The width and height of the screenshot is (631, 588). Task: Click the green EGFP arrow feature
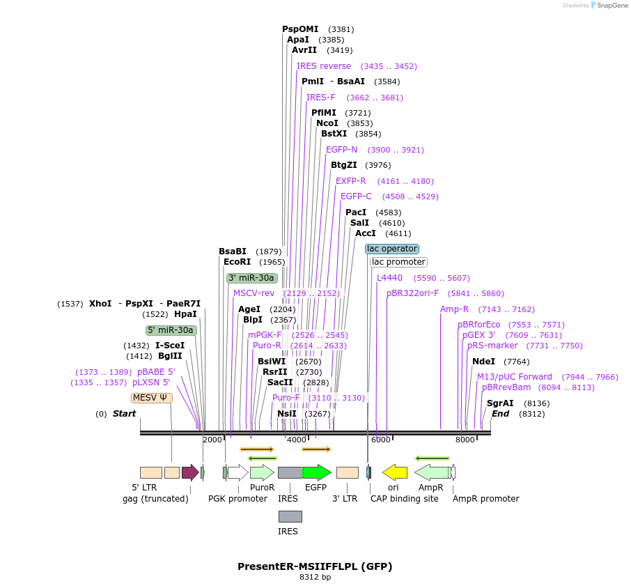316,472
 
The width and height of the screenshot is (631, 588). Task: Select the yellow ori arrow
395,472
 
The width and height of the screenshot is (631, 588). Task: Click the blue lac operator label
392,249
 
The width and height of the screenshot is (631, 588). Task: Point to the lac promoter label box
398,262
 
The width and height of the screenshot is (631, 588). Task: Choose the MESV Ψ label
151,398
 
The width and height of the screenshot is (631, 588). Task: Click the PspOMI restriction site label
300,29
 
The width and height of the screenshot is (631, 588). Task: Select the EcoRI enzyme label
237,262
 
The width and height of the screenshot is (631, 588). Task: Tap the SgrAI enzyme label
500,403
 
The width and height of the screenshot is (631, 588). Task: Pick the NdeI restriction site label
483,361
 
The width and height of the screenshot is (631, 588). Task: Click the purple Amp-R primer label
454,309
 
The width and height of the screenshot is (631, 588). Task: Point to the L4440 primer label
389,277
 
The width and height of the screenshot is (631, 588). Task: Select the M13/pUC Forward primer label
515,377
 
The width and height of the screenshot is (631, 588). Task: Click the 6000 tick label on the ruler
380,440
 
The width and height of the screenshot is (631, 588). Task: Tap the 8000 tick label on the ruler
465,440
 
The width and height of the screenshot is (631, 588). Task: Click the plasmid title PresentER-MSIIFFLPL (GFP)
315,566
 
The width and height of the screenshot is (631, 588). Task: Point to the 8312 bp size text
315,577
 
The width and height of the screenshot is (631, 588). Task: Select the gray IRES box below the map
290,516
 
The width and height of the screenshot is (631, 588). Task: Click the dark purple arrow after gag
190,472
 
